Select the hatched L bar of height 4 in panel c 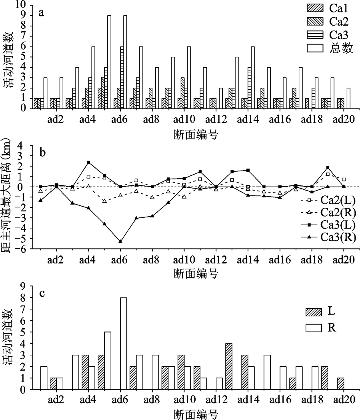click(229, 366)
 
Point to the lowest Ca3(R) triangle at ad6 click(120, 241)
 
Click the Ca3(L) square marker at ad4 click(88, 162)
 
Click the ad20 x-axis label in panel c click(344, 400)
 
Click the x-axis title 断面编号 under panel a click(196, 134)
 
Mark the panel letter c click(41, 293)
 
